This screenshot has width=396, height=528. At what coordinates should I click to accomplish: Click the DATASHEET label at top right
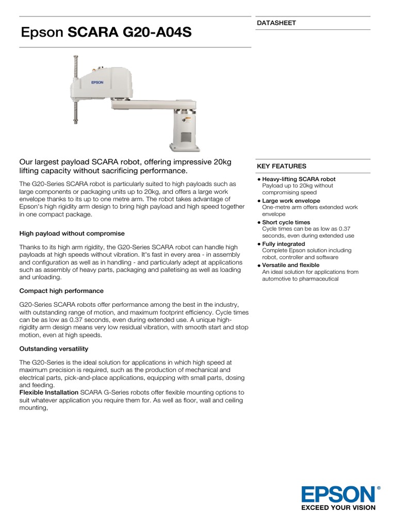(276, 23)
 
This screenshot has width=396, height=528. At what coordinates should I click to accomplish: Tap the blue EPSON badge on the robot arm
(97, 81)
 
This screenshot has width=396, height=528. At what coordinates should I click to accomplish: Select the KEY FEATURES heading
(282, 166)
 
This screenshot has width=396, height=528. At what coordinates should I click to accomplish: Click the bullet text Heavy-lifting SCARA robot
(299, 179)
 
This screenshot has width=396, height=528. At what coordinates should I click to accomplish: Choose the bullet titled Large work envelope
(291, 201)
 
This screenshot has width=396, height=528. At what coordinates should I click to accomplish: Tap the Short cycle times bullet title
(286, 223)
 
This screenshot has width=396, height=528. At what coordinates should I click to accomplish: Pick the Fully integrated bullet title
(284, 244)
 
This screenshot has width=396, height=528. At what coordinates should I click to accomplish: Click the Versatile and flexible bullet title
(291, 266)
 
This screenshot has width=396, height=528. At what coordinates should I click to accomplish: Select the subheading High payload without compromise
(72, 234)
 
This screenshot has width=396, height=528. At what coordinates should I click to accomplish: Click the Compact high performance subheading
(61, 291)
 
